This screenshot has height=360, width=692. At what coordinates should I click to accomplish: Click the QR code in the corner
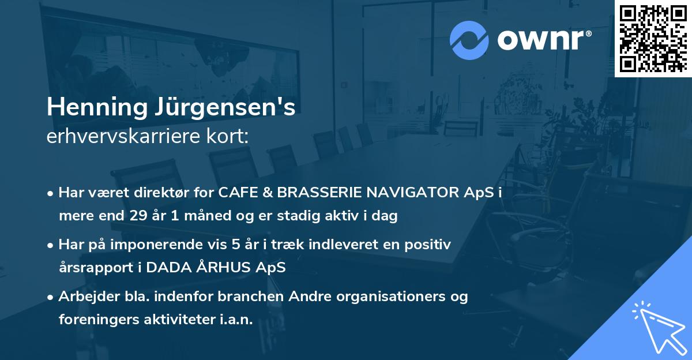coord(653,38)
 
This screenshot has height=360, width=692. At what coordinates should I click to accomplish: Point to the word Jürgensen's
coord(231,108)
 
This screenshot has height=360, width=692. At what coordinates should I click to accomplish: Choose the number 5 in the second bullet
coord(226,245)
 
